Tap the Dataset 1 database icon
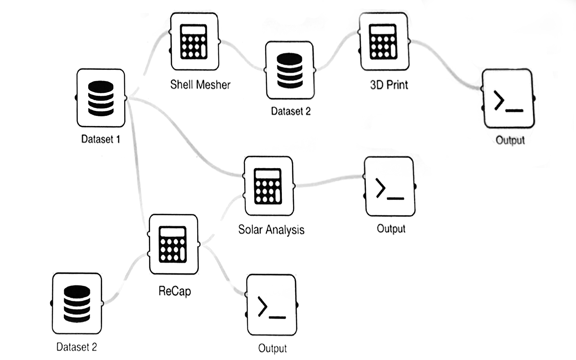(101, 98)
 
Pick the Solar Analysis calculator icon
(269, 186)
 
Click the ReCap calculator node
(174, 244)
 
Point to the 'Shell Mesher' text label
(200, 85)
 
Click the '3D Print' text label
(389, 85)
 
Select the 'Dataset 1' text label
(100, 139)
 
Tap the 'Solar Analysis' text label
(271, 230)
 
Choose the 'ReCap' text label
(175, 291)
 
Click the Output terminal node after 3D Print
(508, 99)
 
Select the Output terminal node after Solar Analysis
(390, 186)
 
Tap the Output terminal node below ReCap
(272, 305)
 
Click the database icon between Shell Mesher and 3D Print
(290, 70)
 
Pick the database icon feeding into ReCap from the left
(77, 303)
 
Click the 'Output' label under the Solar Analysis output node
(391, 229)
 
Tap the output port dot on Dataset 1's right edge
(125, 98)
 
